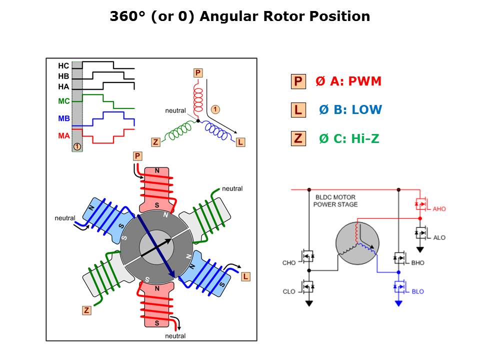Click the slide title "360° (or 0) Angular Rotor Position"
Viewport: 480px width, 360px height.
pyautogui.click(x=240, y=16)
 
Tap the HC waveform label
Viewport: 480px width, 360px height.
pyautogui.click(x=63, y=65)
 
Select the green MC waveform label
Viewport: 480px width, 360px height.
pyautogui.click(x=63, y=101)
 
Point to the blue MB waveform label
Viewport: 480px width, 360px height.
pyautogui.click(x=63, y=118)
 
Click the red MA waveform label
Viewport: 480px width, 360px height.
pyautogui.click(x=63, y=135)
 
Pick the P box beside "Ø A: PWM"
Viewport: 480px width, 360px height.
pyautogui.click(x=298, y=81)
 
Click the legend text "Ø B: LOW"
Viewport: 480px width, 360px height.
pyautogui.click(x=350, y=110)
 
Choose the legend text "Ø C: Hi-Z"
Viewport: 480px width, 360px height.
pyautogui.click(x=349, y=138)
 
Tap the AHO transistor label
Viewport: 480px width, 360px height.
pyautogui.click(x=439, y=208)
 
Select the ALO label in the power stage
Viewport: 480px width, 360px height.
pyautogui.click(x=439, y=237)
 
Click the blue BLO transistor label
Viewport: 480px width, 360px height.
pyautogui.click(x=417, y=291)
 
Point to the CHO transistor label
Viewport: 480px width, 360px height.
pyautogui.click(x=289, y=262)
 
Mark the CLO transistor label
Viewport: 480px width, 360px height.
pyautogui.click(x=289, y=291)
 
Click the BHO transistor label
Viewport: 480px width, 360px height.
pyautogui.click(x=417, y=262)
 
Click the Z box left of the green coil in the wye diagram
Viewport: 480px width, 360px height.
pyautogui.click(x=155, y=142)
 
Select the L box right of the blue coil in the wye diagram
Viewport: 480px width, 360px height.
pyautogui.click(x=240, y=142)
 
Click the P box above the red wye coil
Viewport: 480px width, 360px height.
pyautogui.click(x=198, y=73)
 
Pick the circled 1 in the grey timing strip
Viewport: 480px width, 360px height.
pyautogui.click(x=77, y=146)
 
